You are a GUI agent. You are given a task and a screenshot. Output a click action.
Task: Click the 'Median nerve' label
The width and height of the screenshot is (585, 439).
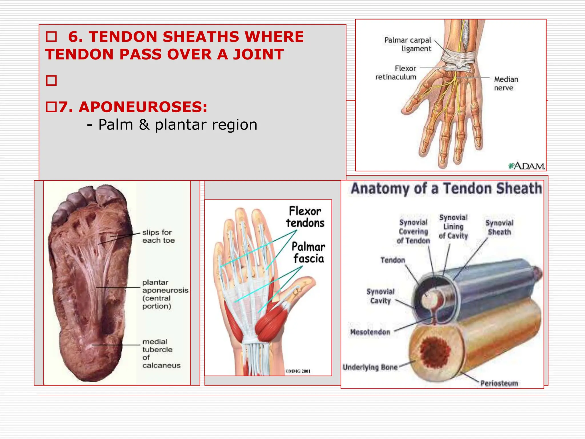(506, 83)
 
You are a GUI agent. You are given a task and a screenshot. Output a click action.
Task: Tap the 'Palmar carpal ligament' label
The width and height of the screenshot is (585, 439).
(408, 44)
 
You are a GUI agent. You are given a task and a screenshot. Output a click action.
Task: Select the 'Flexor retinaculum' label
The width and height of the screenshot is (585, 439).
(396, 73)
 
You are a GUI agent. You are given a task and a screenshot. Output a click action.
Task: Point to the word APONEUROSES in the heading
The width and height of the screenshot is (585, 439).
(143, 107)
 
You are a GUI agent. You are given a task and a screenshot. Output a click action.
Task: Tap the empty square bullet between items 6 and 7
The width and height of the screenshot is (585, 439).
(51, 81)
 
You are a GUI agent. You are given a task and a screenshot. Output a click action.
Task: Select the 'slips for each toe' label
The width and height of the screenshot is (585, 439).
(158, 236)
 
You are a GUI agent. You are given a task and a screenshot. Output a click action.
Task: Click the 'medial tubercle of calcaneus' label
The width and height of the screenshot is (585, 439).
(161, 353)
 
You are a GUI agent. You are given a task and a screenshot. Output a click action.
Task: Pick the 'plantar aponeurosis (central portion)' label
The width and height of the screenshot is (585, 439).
(165, 294)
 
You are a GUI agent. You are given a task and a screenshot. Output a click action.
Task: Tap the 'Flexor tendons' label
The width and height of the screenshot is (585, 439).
(305, 217)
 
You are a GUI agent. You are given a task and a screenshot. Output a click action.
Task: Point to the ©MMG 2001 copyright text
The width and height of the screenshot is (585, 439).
(298, 371)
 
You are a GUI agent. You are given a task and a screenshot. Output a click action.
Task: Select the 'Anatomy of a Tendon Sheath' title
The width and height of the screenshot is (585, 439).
(446, 189)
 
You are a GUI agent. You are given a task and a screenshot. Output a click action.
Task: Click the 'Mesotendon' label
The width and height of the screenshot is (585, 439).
(370, 332)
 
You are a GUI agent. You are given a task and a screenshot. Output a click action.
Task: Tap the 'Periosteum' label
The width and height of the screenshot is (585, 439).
(499, 383)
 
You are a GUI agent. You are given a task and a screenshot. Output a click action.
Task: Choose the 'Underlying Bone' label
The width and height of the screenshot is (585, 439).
(370, 367)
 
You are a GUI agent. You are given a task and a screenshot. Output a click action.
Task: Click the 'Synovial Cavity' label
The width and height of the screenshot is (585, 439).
(380, 296)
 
